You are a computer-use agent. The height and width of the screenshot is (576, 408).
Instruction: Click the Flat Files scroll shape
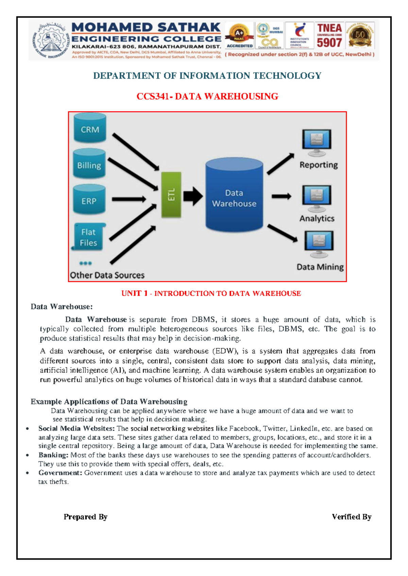[x=89, y=237]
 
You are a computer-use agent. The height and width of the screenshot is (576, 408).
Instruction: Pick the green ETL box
[x=171, y=195]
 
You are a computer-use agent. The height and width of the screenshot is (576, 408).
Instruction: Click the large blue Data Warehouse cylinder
[x=234, y=196]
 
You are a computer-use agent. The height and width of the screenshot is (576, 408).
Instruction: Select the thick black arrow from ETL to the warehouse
[x=193, y=196]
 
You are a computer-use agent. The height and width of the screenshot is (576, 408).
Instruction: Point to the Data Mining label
[x=320, y=267]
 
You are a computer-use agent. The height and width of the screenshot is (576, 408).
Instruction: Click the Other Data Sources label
[x=107, y=275]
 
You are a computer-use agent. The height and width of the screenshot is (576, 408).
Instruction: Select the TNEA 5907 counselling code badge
[x=329, y=36]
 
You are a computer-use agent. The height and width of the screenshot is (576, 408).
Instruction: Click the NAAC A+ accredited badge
[x=239, y=36]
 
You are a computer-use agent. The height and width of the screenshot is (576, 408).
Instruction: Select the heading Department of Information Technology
[x=207, y=75]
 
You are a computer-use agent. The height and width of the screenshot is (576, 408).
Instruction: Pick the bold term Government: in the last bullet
[x=60, y=473]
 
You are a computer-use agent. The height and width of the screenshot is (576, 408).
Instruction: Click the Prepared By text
[x=85, y=517]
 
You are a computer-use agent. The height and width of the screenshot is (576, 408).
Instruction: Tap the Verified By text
[x=352, y=517]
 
